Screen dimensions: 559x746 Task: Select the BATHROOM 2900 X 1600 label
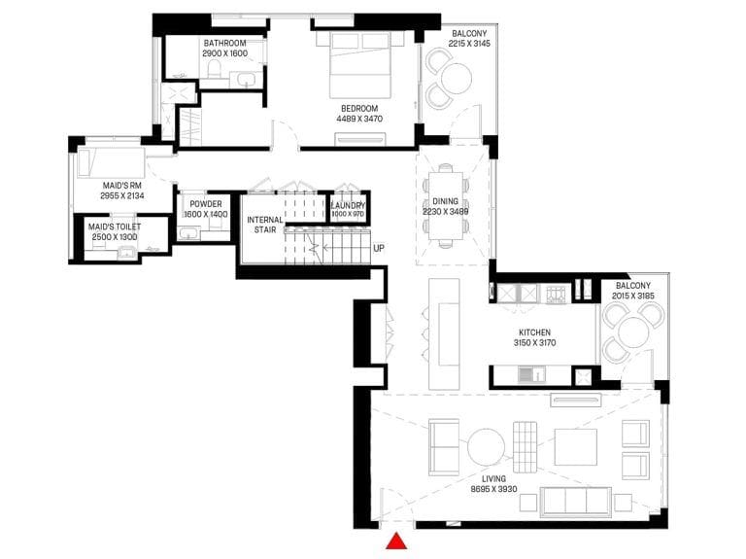224,49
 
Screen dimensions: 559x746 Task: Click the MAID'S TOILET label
115,231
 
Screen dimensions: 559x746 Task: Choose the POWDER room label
205,208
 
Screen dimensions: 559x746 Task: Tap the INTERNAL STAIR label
264,226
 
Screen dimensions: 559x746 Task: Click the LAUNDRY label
348,209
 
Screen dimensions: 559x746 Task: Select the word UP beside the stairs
379,248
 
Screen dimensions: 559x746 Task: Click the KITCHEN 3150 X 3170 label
541,337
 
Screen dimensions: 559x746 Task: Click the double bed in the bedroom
361,64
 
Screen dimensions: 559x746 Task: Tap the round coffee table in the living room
486,447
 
